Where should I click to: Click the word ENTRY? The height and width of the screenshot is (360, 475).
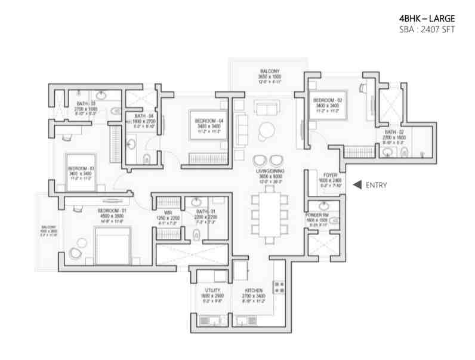coord(377,185)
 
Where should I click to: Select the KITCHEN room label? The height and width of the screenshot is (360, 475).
coord(253,290)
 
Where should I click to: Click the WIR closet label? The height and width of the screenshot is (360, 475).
coord(168,212)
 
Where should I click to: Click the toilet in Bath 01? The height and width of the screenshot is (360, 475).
coord(197,235)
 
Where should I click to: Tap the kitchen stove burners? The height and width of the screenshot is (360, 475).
coord(278,287)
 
